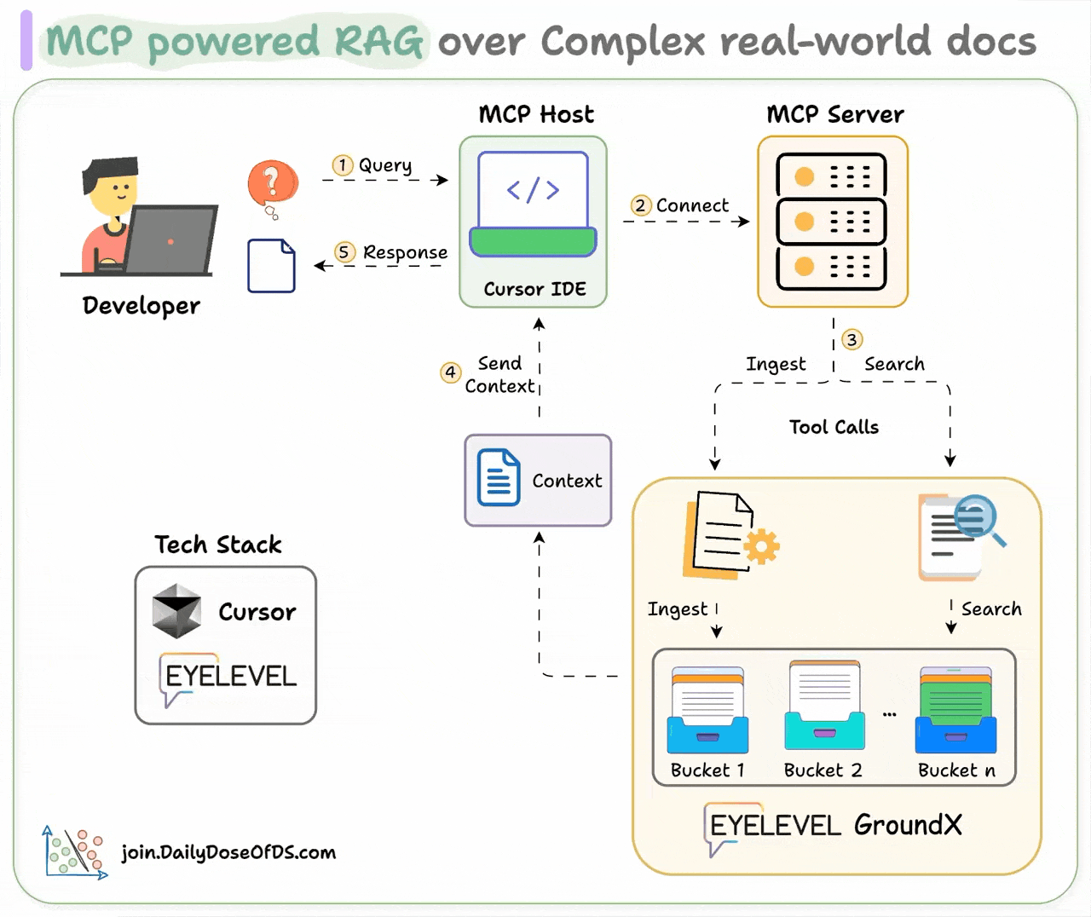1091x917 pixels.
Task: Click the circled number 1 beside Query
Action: pyautogui.click(x=342, y=164)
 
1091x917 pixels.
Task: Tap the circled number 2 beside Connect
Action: pyautogui.click(x=640, y=205)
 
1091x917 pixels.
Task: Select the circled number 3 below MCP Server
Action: pyautogui.click(x=851, y=339)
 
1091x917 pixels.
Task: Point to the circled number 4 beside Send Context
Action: pyautogui.click(x=450, y=372)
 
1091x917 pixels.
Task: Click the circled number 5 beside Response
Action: pyautogui.click(x=344, y=252)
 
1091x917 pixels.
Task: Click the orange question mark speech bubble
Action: pyautogui.click(x=273, y=183)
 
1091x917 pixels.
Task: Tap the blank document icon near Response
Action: pyautogui.click(x=271, y=266)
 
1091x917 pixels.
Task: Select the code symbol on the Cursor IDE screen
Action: pyautogui.click(x=533, y=190)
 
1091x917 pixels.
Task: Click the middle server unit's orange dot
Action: pyautogui.click(x=804, y=222)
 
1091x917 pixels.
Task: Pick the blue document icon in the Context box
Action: pyautogui.click(x=499, y=478)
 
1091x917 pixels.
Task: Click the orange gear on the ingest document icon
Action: pyautogui.click(x=761, y=546)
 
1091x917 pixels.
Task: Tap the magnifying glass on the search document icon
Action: pyautogui.click(x=977, y=516)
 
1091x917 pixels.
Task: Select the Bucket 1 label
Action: pyautogui.click(x=707, y=770)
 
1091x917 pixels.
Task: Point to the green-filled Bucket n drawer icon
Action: pyautogui.click(x=955, y=710)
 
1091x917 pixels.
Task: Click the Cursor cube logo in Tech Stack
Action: pyautogui.click(x=176, y=611)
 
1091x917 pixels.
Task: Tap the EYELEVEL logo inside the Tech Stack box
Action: pyautogui.click(x=228, y=677)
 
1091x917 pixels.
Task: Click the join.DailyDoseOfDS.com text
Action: pyautogui.click(x=228, y=852)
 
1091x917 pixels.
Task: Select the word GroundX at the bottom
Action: pyautogui.click(x=908, y=825)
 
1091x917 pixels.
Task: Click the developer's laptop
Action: pyautogui.click(x=170, y=239)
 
